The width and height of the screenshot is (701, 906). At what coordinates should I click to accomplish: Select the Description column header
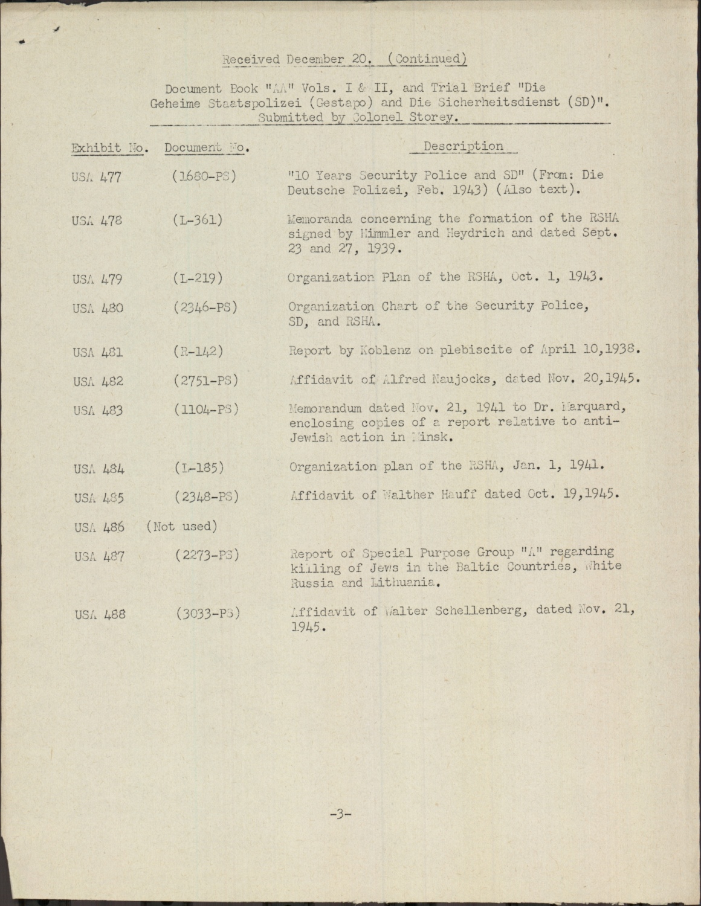coord(463,146)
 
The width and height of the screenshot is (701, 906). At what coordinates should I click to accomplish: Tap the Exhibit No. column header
coord(109,148)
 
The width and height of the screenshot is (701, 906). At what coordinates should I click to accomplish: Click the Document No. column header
coord(207,148)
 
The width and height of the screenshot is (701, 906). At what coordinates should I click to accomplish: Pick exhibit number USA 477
coord(97,178)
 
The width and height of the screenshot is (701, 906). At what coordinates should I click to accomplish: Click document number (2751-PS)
coord(205,381)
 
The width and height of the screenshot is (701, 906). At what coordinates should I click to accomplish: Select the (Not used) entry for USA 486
coord(181,526)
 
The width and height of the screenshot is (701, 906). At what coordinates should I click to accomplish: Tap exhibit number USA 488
coord(100,615)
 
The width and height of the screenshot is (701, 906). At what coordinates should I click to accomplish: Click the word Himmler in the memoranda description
coord(378,233)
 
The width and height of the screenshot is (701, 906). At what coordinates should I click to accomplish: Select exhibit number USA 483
coord(97,411)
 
